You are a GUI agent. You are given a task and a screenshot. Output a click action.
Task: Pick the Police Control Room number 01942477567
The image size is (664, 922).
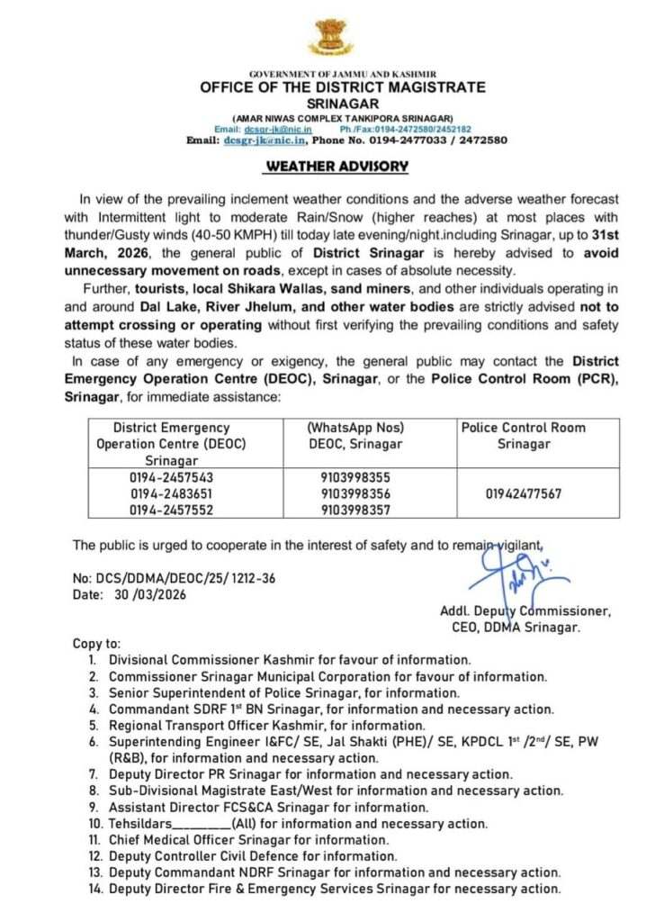(x=523, y=493)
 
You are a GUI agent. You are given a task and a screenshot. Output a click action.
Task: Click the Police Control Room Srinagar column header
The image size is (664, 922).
(x=523, y=436)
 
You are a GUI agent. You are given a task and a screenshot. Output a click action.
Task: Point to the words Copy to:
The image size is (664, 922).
(x=95, y=644)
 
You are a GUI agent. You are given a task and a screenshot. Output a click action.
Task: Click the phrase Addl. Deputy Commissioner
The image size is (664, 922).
(x=525, y=610)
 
